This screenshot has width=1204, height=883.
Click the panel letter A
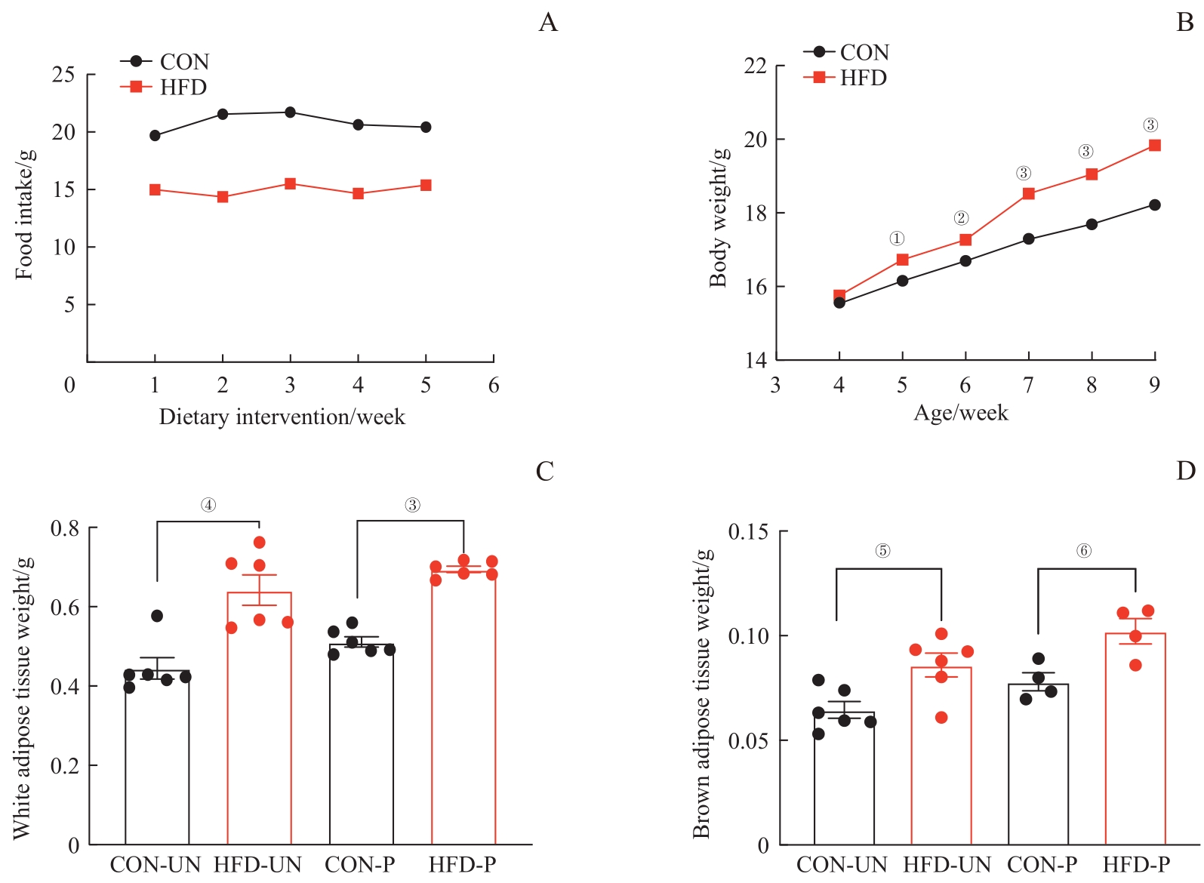tap(548, 23)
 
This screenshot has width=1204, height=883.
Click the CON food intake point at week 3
tap(290, 112)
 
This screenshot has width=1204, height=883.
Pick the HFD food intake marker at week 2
tap(223, 197)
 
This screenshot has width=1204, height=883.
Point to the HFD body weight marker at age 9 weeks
tap(1154, 146)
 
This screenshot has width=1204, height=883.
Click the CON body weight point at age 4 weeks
tap(839, 303)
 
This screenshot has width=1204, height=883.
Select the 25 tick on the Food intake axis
tap(63, 74)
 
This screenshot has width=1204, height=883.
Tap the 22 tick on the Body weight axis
tap(755, 66)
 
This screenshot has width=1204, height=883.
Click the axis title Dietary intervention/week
tap(282, 417)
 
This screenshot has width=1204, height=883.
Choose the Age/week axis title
tap(960, 413)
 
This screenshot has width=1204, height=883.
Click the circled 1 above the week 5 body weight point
tap(896, 238)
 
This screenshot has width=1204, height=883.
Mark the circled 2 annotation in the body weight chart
tap(961, 218)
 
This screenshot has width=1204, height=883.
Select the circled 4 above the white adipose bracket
tap(208, 505)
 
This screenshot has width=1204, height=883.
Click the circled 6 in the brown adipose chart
tap(1083, 550)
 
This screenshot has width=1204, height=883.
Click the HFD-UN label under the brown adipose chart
tap(947, 865)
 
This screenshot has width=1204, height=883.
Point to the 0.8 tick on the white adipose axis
tap(65, 528)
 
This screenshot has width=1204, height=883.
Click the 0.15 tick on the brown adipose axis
tap(748, 532)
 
